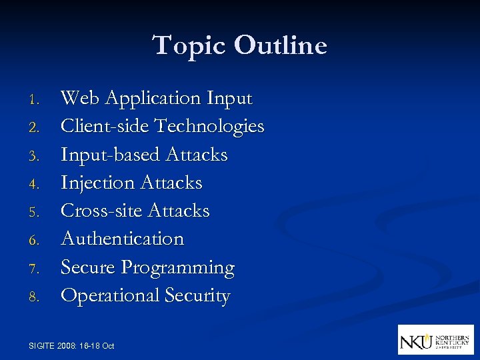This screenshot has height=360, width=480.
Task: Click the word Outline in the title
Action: [x=281, y=46]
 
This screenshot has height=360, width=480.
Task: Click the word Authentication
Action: [x=122, y=239]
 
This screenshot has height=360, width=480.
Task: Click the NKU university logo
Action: [x=435, y=339]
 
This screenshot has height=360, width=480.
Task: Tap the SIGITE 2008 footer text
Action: [x=72, y=345]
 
